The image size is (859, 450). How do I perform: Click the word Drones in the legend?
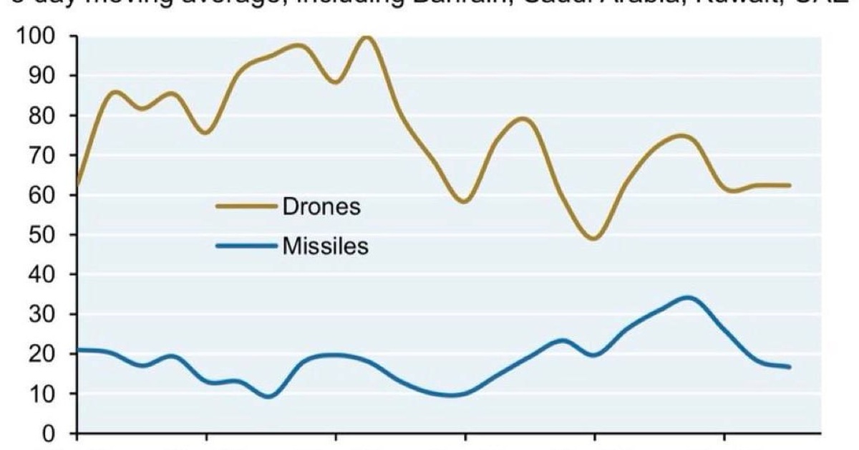click(x=321, y=207)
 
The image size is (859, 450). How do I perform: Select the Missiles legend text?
click(x=326, y=247)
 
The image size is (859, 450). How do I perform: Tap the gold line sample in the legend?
click(x=246, y=207)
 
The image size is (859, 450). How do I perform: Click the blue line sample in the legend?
click(x=246, y=247)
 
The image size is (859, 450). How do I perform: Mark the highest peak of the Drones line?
click(x=366, y=37)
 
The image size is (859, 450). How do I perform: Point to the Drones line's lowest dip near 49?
click(x=593, y=239)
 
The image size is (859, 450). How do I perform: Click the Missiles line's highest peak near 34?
click(x=688, y=297)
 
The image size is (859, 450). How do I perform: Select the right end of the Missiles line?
click(x=790, y=367)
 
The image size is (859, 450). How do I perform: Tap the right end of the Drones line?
click(x=790, y=185)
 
